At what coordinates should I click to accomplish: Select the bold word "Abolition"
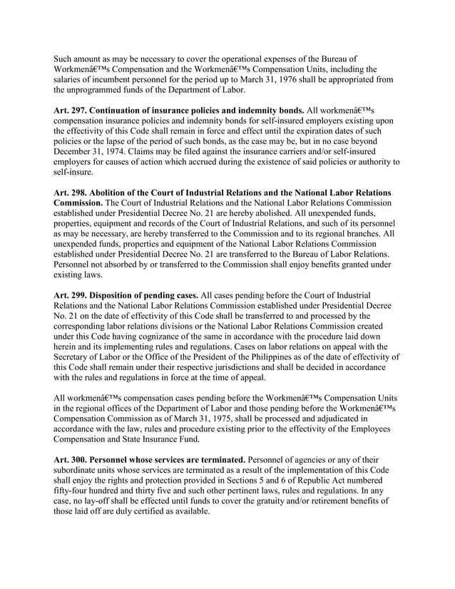point(116,193)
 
